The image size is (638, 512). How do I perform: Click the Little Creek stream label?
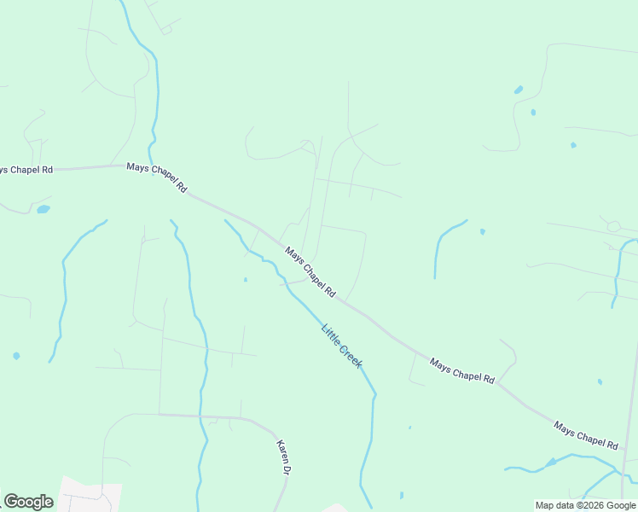point(342,346)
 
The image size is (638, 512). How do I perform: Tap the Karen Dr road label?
point(284,457)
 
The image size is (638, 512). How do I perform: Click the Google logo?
point(28,502)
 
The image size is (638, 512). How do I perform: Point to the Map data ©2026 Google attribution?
point(585,505)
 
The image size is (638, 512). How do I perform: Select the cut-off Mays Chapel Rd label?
point(26,170)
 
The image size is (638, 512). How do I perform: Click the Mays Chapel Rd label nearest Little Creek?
point(310,272)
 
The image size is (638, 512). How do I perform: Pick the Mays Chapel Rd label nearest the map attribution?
point(585,435)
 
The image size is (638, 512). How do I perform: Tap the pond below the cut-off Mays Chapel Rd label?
point(43,209)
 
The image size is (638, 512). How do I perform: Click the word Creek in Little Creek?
point(351,357)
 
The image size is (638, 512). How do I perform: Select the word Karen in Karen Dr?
point(282,451)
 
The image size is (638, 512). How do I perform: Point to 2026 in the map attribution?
point(590,505)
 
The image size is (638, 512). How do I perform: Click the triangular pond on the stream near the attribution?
point(551,462)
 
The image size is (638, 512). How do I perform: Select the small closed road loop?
point(613,226)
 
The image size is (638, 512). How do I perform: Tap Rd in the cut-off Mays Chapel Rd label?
point(46,170)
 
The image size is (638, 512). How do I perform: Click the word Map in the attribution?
point(544,505)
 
